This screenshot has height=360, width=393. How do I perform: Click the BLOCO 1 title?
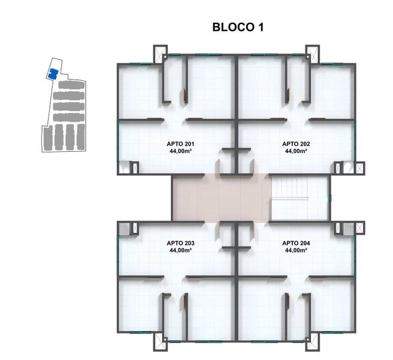pyautogui.click(x=238, y=27)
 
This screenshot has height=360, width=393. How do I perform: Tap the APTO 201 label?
pyautogui.click(x=181, y=144)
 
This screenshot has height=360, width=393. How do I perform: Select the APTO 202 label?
pyautogui.click(x=296, y=144)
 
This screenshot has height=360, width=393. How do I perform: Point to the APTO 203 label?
pyautogui.click(x=181, y=243)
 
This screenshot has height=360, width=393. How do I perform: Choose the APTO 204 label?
pyautogui.click(x=296, y=243)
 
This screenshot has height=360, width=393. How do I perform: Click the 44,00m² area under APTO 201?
pyautogui.click(x=181, y=151)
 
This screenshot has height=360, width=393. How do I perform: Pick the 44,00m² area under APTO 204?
pyautogui.click(x=296, y=250)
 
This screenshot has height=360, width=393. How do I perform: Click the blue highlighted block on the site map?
pyautogui.click(x=53, y=74)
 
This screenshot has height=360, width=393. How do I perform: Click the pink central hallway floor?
pyautogui.click(x=222, y=198)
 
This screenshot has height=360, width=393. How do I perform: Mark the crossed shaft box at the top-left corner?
pyautogui.click(x=160, y=54)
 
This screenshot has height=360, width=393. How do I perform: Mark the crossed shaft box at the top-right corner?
pyautogui.click(x=313, y=54)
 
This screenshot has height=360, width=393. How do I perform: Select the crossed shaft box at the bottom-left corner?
pyautogui.click(x=160, y=341)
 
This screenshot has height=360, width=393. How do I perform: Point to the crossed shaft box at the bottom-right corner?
pyautogui.click(x=313, y=341)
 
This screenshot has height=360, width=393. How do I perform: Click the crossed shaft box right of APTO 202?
pyautogui.click(x=360, y=168)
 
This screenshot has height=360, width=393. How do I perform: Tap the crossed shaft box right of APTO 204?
pyautogui.click(x=360, y=228)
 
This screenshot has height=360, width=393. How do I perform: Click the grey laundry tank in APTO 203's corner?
pyautogui.click(x=124, y=229)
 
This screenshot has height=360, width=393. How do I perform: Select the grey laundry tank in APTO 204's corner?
pyautogui.click(x=348, y=229)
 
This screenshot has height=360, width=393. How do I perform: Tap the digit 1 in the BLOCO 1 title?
pyautogui.click(x=260, y=27)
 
